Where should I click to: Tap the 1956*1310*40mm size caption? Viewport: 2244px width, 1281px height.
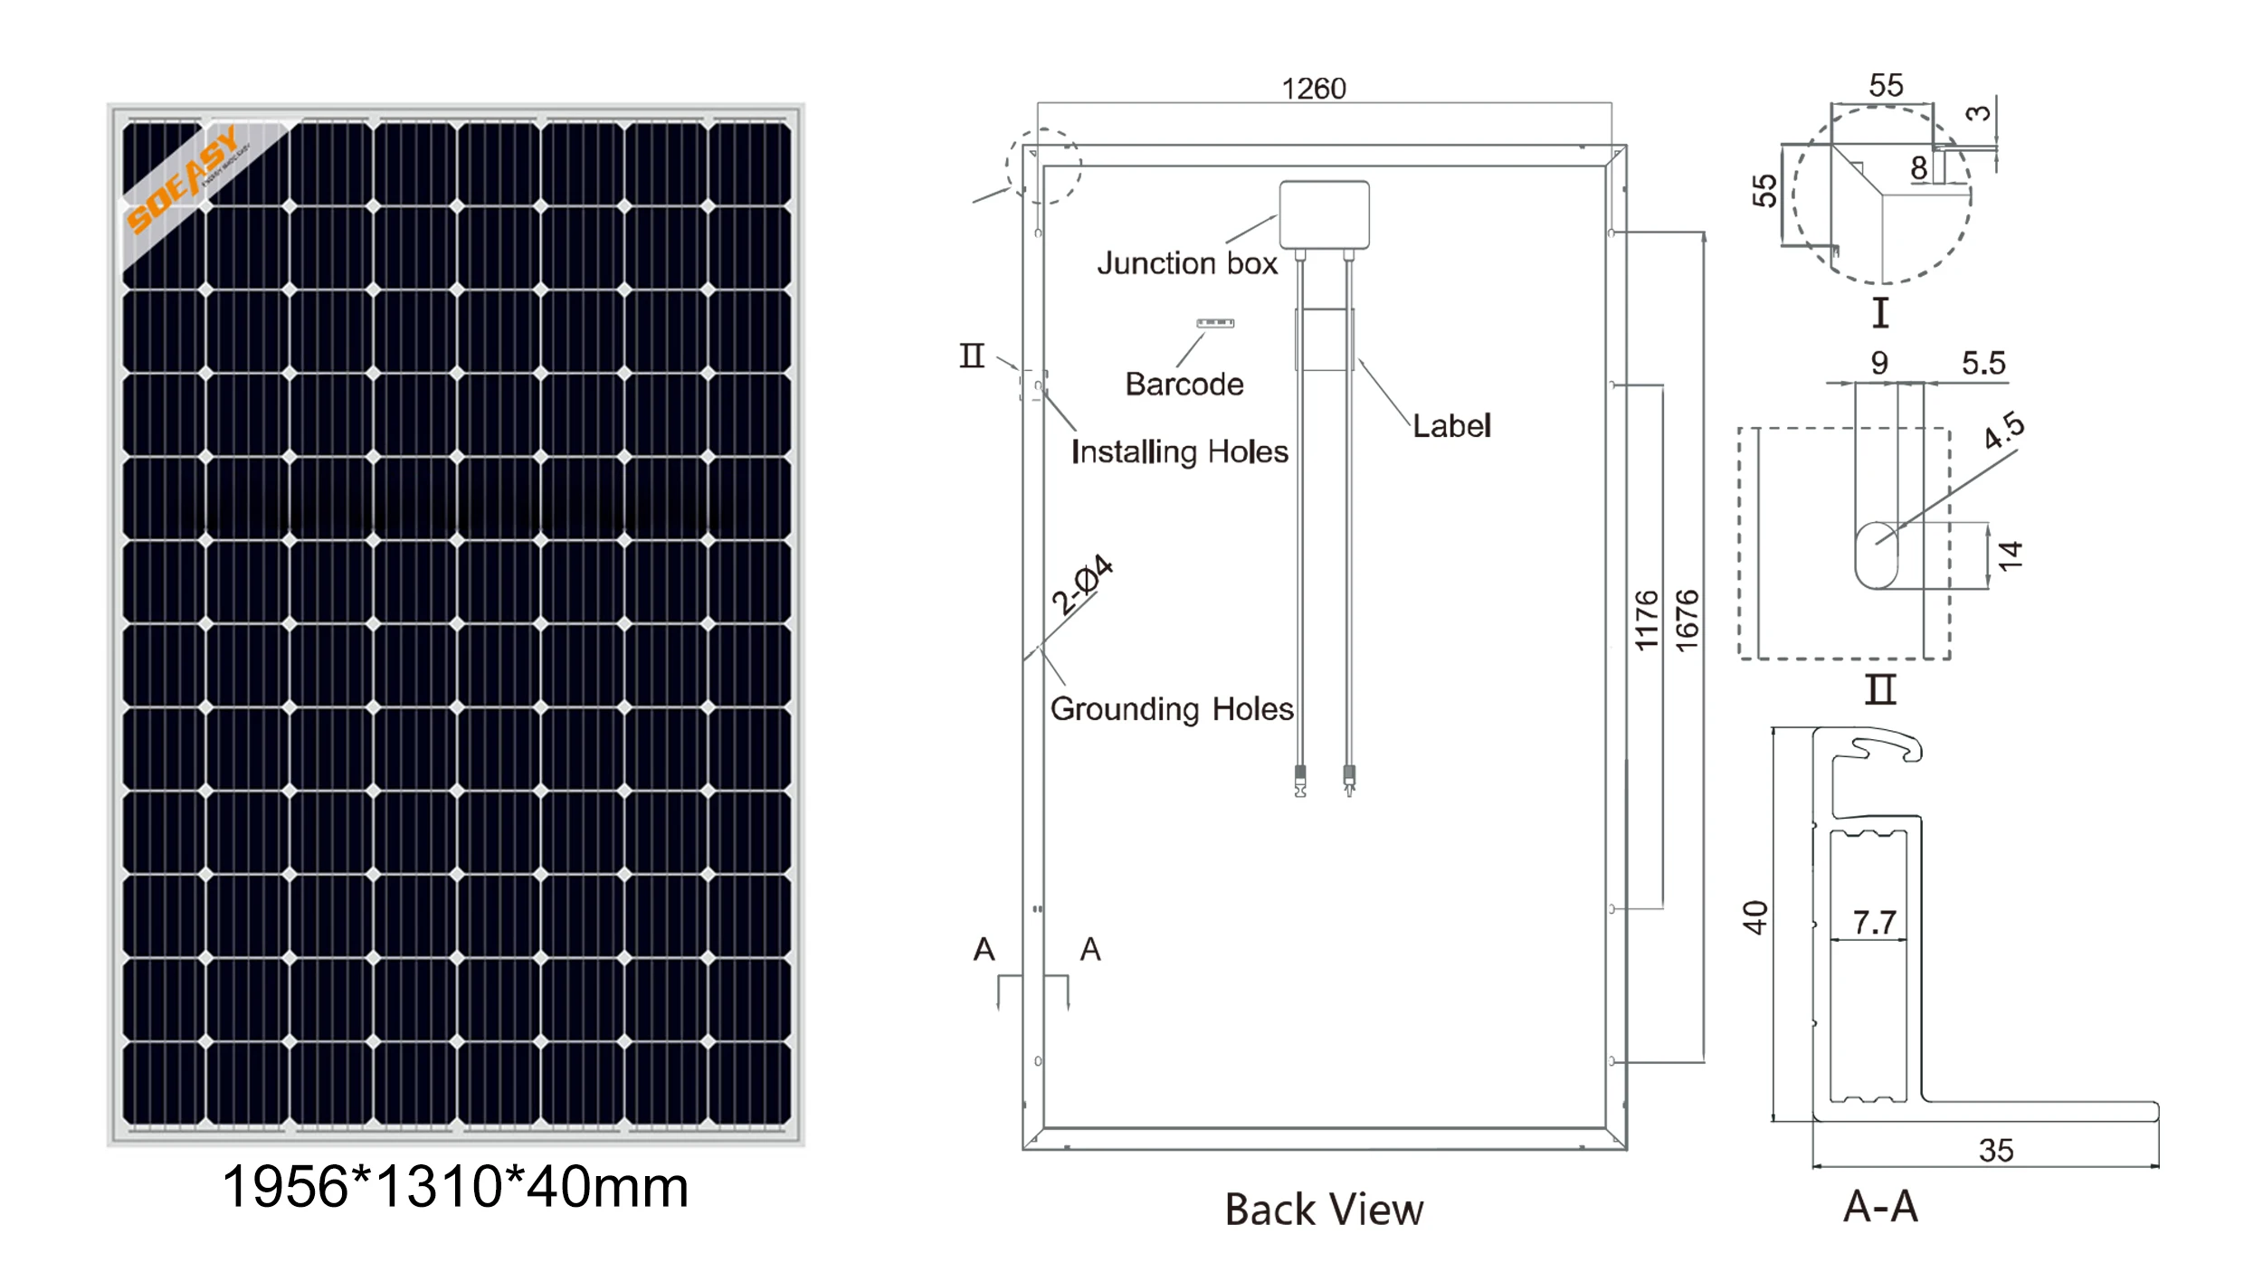[455, 1186]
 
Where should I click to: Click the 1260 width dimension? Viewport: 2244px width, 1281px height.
[1314, 89]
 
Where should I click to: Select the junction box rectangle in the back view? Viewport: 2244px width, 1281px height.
[1324, 214]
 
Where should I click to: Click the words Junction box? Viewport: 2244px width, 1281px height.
[1187, 263]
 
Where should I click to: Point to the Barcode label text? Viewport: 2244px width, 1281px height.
[1184, 384]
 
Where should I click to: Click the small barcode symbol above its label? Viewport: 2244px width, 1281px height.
[1215, 323]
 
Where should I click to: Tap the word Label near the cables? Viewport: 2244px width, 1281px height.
[1451, 426]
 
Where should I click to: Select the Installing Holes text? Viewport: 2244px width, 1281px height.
[1179, 451]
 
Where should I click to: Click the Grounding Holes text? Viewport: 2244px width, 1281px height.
[1172, 708]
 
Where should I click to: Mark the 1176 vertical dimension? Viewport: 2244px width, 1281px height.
[1647, 620]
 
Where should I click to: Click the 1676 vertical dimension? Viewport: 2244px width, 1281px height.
[1688, 620]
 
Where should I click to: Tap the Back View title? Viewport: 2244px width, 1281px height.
[1324, 1210]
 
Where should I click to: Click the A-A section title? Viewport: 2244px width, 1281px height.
[1880, 1206]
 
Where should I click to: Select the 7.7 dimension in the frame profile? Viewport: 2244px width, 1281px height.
[1874, 922]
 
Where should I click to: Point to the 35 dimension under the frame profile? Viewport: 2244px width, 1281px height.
[1996, 1150]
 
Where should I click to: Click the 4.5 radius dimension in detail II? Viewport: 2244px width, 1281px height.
[2004, 430]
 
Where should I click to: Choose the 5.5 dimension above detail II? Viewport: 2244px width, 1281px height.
[1983, 364]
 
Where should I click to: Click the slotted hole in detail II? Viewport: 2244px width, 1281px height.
[1877, 555]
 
